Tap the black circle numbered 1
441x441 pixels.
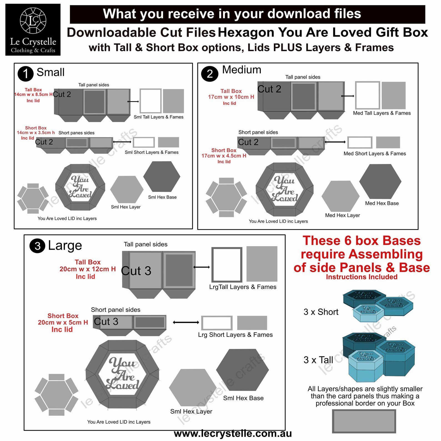tap(26, 74)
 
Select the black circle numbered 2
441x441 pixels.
tap(210, 74)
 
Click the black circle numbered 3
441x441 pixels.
tap(37, 246)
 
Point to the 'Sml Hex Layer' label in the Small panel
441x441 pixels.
tap(126, 207)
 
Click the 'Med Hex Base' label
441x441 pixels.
tap(382, 203)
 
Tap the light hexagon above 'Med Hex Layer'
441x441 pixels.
tap(340, 196)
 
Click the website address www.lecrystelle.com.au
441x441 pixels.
tap(233, 434)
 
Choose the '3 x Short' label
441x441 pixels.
tap(321, 312)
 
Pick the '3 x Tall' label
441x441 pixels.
tap(318, 360)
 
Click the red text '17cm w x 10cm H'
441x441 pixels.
tap(231, 97)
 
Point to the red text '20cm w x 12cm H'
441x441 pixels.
tap(87, 269)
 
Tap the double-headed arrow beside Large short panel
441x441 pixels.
tap(186, 322)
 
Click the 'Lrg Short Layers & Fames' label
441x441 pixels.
tap(235, 335)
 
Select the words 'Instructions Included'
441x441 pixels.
tap(362, 277)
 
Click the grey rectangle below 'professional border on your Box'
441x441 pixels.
tap(364, 421)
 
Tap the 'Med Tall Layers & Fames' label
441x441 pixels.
tap(382, 113)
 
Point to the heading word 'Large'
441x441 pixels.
tap(65, 246)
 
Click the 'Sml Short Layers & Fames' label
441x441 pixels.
tap(152, 152)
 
